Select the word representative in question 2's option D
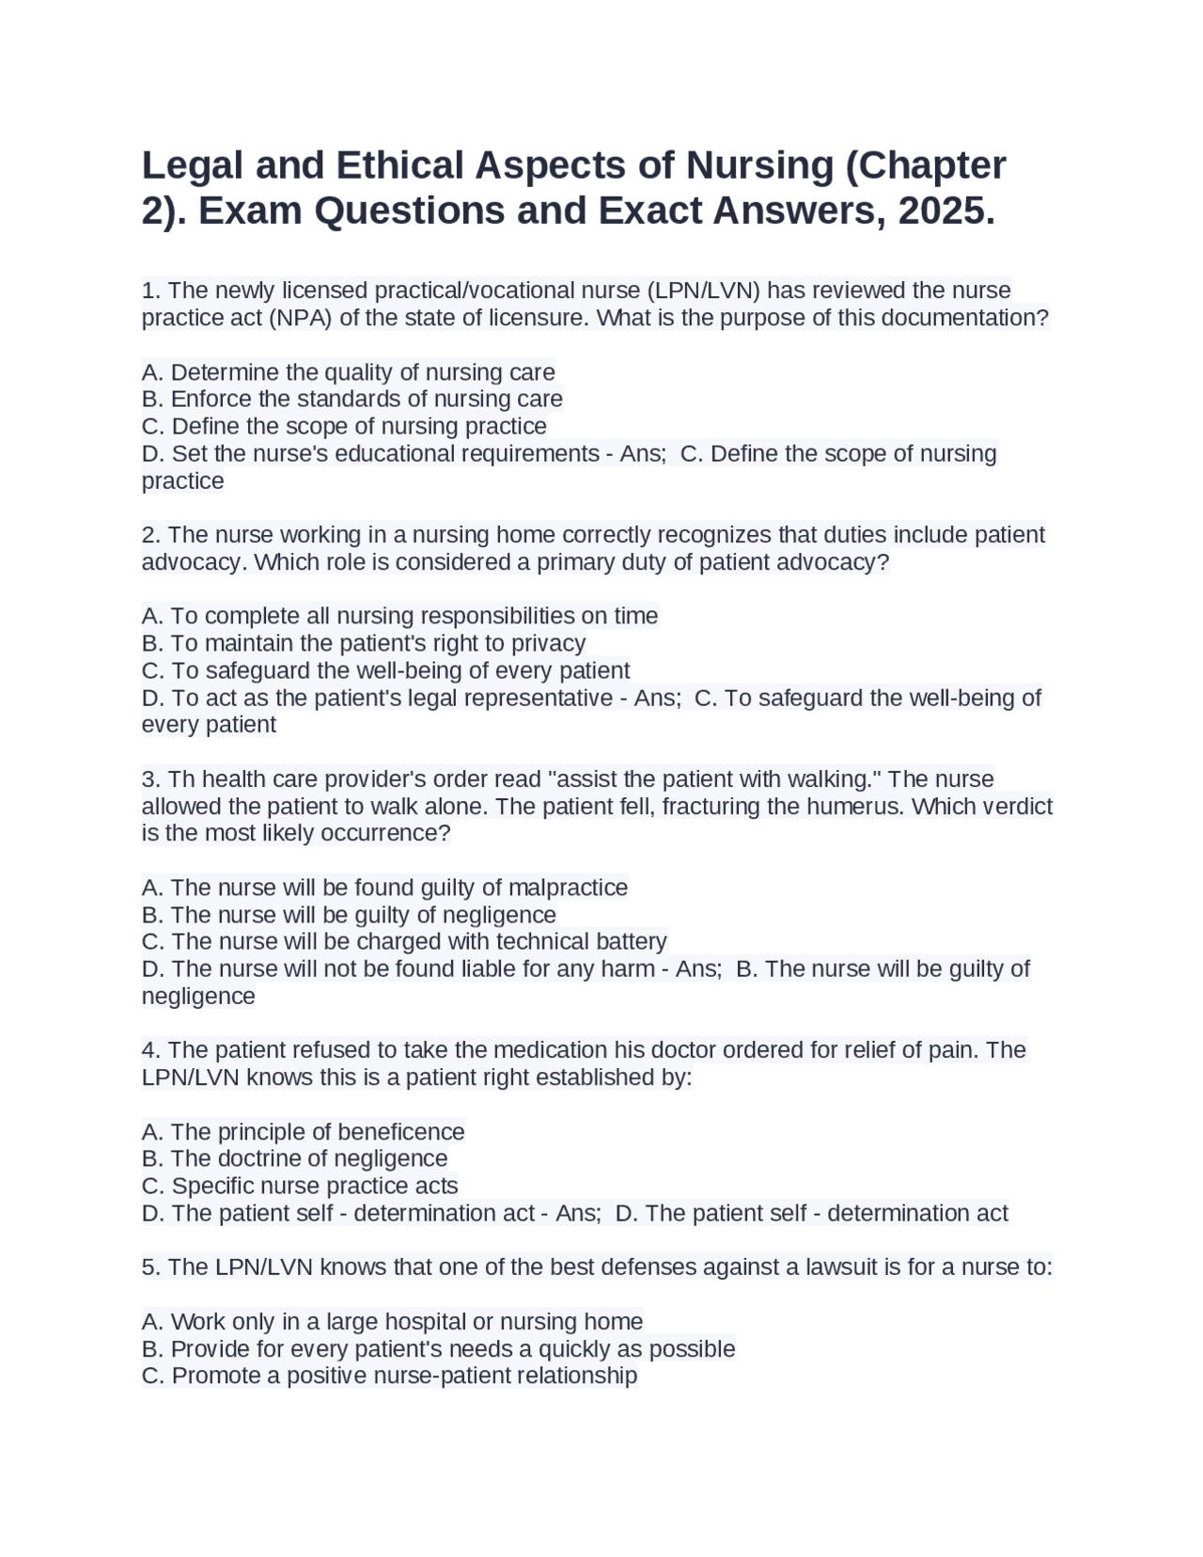tap(539, 698)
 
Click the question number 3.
tap(150, 779)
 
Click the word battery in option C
tap(632, 941)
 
